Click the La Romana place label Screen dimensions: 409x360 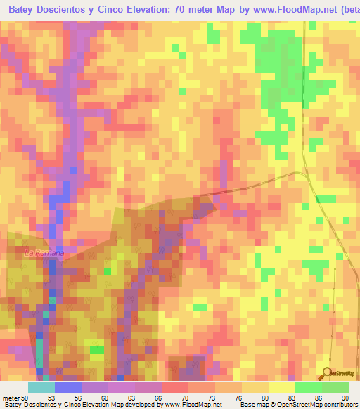(x=44, y=252)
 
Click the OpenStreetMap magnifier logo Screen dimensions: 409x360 (x=328, y=372)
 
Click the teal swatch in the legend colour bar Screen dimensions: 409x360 (x=41, y=388)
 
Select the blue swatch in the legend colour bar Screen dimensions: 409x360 (x=68, y=388)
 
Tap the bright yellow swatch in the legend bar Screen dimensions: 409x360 (x=282, y=388)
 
